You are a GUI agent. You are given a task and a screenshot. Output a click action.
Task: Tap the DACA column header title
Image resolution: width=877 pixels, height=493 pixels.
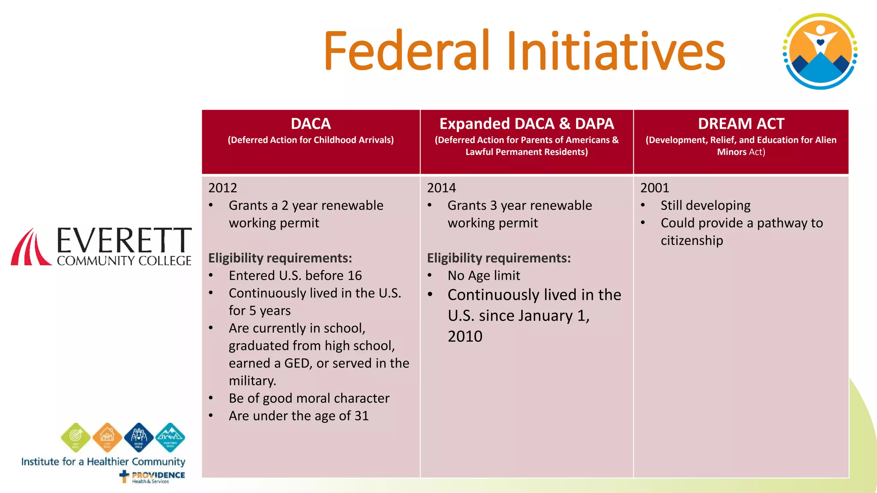[x=310, y=124]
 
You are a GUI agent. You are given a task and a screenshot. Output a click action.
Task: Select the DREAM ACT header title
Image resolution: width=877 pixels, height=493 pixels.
[x=741, y=124]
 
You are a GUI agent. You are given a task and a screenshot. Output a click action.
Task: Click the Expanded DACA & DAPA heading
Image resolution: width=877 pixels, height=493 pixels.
[x=526, y=124]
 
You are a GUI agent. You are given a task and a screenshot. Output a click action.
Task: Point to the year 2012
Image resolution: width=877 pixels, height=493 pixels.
[x=222, y=188]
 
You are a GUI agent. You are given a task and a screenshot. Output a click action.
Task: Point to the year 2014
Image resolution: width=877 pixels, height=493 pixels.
[x=441, y=188]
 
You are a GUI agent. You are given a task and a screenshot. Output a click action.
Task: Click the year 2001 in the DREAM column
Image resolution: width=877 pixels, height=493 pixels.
[x=654, y=188]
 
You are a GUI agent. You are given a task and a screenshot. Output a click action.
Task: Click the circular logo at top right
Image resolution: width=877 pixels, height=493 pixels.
[x=820, y=51]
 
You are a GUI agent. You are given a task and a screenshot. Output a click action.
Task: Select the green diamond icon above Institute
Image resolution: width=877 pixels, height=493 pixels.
[x=76, y=437]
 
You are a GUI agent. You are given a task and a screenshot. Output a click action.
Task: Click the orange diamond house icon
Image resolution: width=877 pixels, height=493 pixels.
[x=107, y=437]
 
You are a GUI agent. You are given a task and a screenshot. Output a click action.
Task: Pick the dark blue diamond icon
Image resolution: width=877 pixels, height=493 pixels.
[x=139, y=437]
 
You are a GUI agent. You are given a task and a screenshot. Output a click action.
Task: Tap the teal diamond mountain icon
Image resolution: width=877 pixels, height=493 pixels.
[x=170, y=437]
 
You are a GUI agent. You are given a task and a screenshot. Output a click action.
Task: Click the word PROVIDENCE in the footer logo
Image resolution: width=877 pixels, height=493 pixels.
[x=158, y=475]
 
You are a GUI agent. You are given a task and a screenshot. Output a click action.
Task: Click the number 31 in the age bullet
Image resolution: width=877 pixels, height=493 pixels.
[x=361, y=416]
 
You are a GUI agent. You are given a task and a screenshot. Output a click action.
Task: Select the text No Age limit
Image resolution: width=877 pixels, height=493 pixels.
[x=483, y=276]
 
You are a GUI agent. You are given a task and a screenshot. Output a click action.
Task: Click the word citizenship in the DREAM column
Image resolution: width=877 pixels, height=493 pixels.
[x=692, y=241]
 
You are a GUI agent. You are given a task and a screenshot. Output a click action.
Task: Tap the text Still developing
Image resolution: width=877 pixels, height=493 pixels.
[x=705, y=205]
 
